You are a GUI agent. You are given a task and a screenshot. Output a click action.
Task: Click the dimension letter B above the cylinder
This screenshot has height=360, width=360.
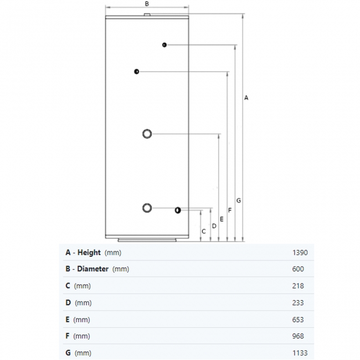[147, 4]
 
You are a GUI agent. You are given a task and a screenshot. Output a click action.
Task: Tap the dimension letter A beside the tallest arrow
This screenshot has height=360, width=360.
[246, 98]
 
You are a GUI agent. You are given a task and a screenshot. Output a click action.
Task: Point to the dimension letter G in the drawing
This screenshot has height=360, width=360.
[239, 200]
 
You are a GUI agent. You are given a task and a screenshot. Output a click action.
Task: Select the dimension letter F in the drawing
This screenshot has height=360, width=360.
[230, 210]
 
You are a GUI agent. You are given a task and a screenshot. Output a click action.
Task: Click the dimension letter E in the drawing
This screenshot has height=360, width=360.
[222, 219]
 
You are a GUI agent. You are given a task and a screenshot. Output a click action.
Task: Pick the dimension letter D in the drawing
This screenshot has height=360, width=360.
[214, 226]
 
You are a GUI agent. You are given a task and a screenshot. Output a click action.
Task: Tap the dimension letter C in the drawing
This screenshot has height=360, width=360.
[204, 232]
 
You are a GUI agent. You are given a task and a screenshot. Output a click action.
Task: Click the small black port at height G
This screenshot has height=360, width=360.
[164, 45]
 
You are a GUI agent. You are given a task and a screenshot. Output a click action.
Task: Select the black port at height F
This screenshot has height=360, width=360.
[137, 71]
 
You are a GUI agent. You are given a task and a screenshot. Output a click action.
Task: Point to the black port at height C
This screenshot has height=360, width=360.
[178, 210]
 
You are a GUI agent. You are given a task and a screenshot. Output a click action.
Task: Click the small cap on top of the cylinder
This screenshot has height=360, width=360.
[147, 15]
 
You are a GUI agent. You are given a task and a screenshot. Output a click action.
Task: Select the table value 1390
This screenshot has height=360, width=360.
[300, 253]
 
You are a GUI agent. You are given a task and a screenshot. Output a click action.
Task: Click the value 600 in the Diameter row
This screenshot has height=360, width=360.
[298, 269]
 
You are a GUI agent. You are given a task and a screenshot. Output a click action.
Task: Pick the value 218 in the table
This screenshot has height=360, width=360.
[298, 286]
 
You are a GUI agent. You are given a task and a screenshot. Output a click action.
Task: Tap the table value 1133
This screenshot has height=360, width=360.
[300, 353]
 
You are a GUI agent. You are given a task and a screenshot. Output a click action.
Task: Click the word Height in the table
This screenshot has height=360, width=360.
[89, 253]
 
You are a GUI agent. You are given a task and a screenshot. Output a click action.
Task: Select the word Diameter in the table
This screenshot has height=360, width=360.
[92, 269]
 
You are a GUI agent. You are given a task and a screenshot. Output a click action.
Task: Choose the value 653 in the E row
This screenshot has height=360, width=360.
[298, 320]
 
